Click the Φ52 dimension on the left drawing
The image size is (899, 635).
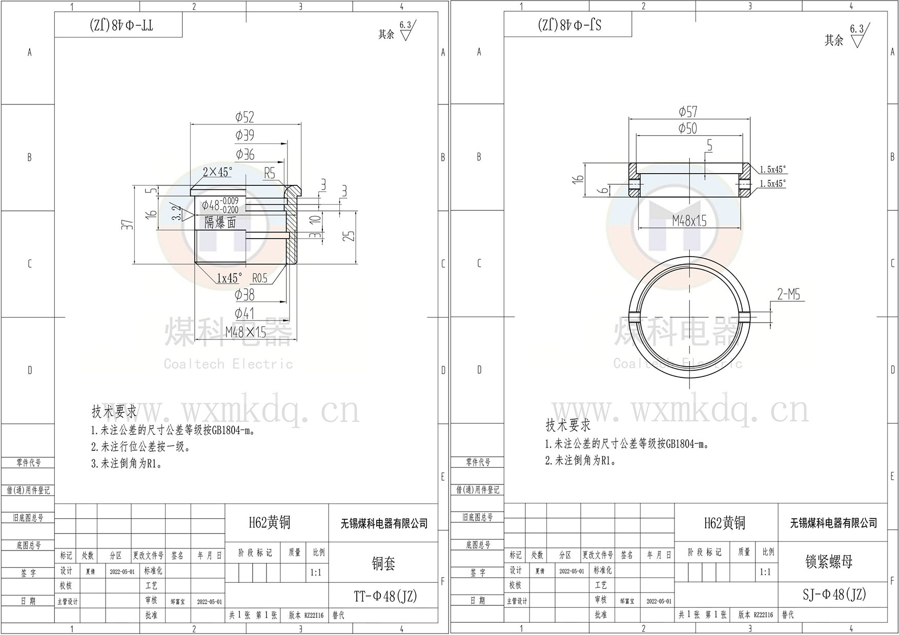pos(244,117)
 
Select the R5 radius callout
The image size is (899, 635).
pos(270,173)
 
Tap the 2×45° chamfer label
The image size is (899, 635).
pos(217,172)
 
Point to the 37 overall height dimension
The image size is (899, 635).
pos(128,224)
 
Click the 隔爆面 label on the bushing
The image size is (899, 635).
pos(220,222)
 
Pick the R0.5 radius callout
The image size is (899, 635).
pos(260,278)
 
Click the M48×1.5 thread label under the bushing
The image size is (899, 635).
pos(246,332)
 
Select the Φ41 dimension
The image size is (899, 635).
pos(244,312)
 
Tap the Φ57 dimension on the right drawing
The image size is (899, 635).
pos(688,112)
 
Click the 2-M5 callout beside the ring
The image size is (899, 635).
pos(788,294)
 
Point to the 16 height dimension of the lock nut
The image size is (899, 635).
pos(579,179)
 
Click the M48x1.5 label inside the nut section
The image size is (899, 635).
pos(689,221)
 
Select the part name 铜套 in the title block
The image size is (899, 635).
pos(383,564)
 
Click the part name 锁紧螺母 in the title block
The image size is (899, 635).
pos(829,562)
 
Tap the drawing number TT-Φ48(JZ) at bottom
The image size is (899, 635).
pos(385,596)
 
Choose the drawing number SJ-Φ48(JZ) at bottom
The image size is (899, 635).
pos(834,594)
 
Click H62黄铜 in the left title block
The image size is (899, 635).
pos(270,522)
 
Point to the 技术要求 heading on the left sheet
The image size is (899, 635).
pos(114,411)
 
